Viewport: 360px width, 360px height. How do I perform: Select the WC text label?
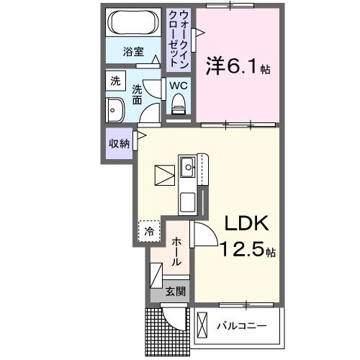click(x=178, y=85)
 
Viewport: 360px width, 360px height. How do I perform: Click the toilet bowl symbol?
click(x=178, y=106)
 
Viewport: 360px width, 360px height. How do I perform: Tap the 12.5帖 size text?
click(x=243, y=251)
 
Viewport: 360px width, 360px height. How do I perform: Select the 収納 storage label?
click(x=119, y=143)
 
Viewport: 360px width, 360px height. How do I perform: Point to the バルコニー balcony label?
click(x=242, y=326)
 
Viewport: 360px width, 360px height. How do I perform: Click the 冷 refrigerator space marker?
click(x=148, y=231)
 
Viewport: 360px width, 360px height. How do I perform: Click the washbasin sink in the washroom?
click(x=114, y=111)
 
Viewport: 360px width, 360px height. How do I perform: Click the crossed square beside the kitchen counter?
click(x=165, y=175)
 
